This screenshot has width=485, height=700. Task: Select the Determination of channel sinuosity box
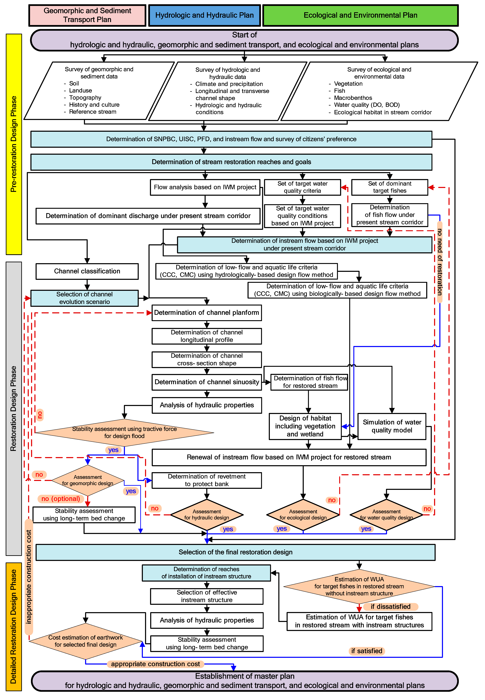coord(207,382)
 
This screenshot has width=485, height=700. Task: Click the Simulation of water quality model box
coord(392,426)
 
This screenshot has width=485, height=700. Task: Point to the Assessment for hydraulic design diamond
coord(207,514)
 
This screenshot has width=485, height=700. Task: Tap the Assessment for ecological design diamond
coord(303,514)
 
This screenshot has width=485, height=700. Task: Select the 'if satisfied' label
coord(367,651)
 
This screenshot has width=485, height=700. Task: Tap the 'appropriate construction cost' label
coord(155,664)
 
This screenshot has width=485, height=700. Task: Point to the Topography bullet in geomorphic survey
coord(85,98)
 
